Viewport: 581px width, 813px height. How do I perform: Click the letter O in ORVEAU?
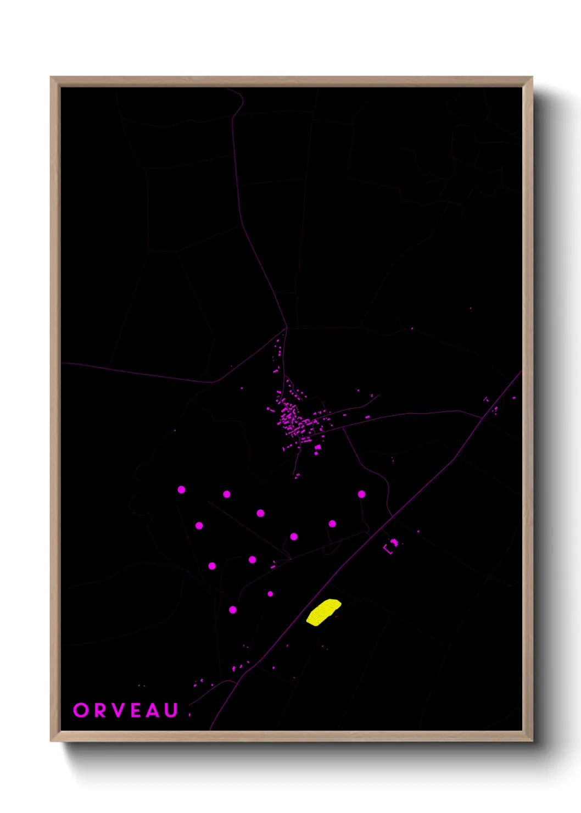[81, 710]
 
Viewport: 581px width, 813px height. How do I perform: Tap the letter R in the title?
[100, 710]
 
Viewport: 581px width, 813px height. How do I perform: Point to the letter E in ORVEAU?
[137, 710]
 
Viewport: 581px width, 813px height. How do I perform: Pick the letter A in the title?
[154, 710]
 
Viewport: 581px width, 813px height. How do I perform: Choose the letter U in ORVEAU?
[171, 710]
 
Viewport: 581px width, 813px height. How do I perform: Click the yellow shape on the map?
[323, 612]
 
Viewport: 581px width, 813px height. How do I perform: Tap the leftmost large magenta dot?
[181, 489]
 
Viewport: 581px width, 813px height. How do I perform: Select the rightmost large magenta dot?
[361, 494]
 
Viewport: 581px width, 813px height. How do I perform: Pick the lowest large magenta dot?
[233, 610]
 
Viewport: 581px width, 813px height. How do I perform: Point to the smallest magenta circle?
[270, 594]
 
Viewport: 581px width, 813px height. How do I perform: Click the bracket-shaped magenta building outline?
[390, 547]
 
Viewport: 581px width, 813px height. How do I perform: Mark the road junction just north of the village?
[287, 328]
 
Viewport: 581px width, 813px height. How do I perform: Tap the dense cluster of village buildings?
[294, 420]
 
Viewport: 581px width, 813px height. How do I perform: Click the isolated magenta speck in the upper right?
[470, 308]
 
